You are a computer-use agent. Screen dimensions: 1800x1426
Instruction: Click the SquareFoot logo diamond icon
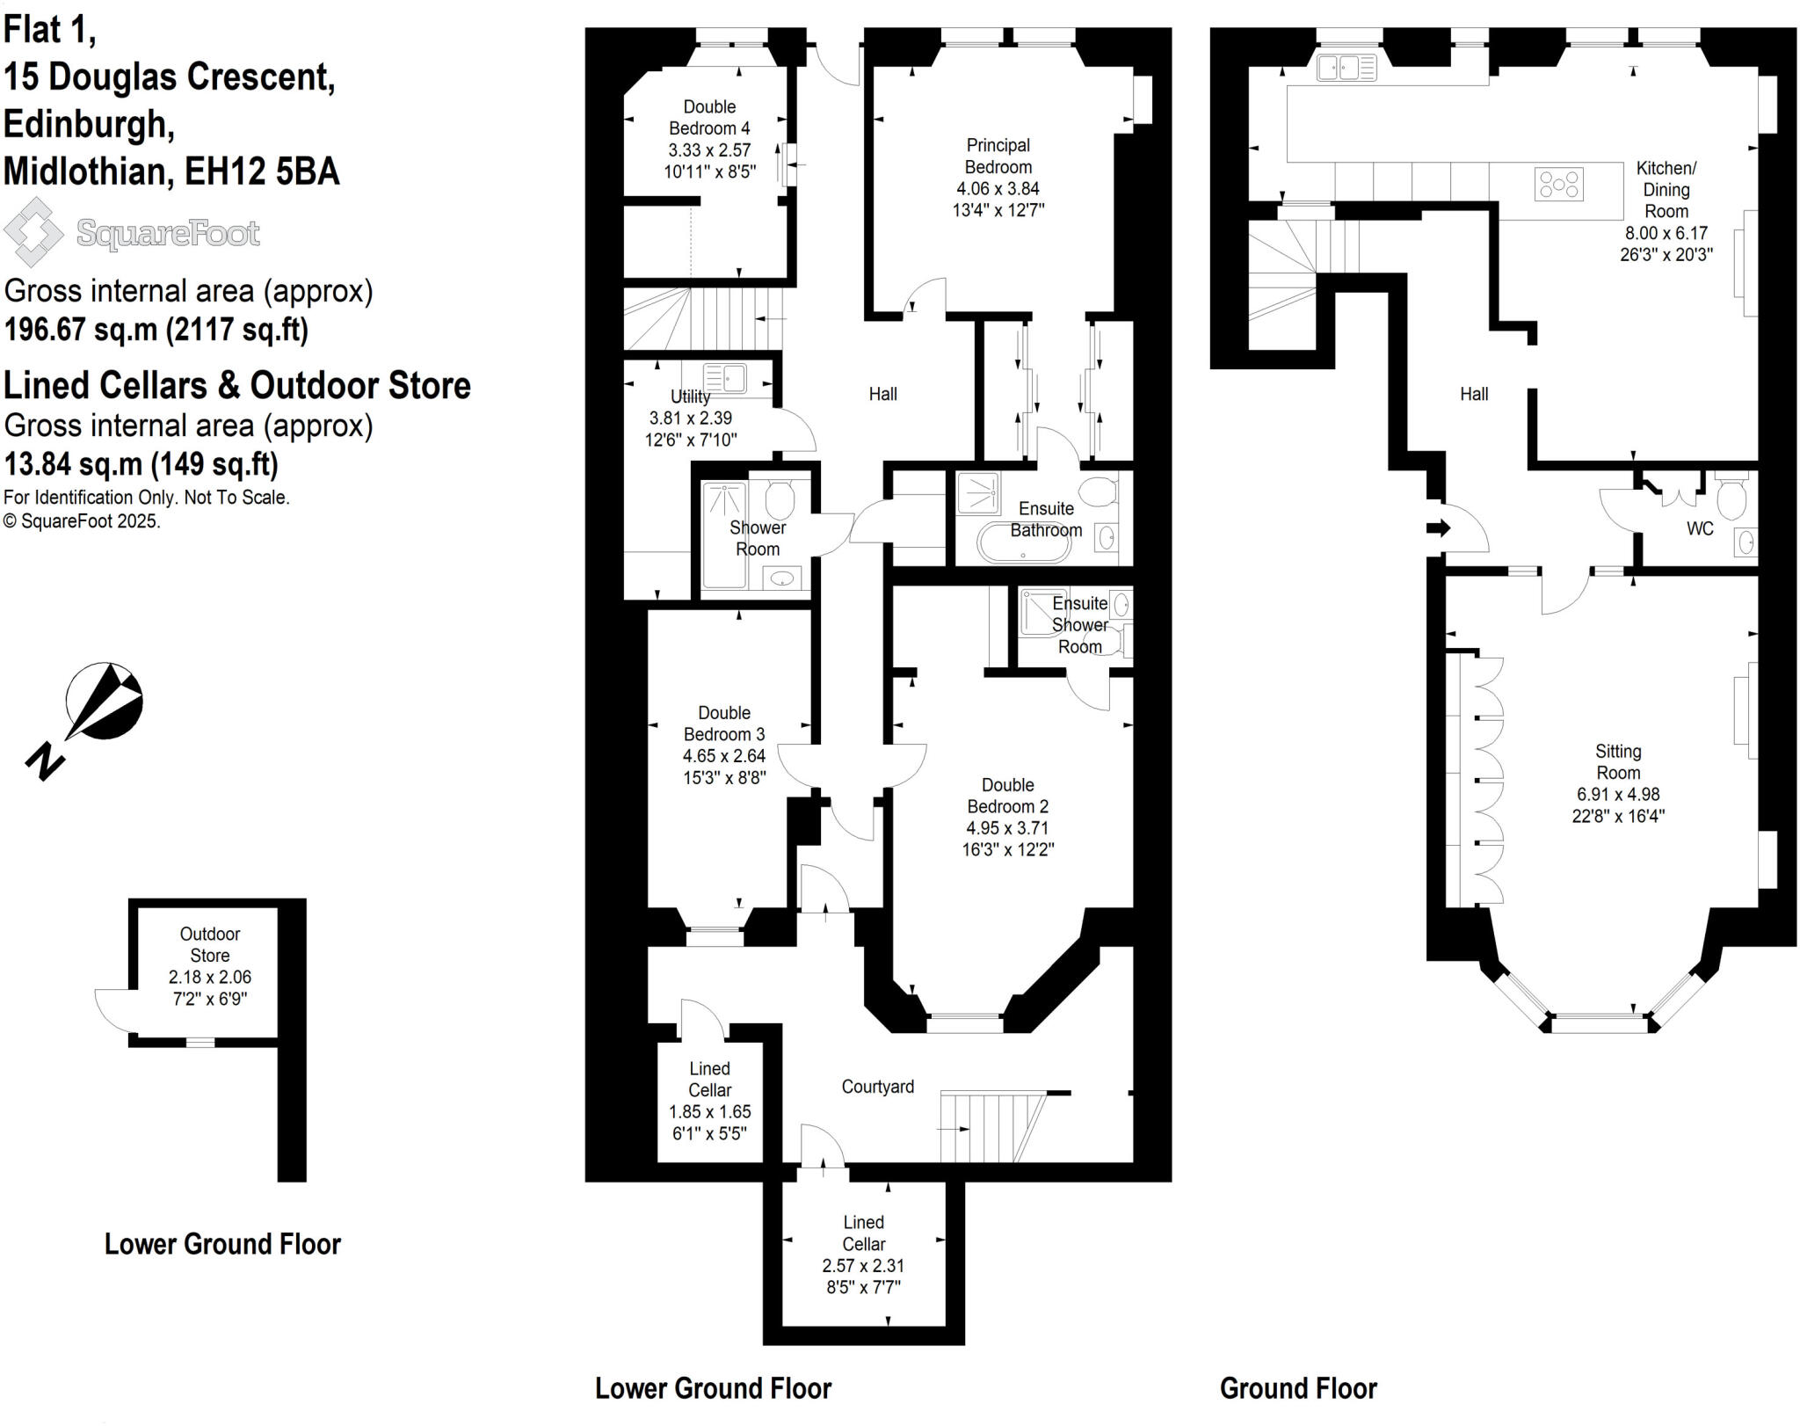coord(33,232)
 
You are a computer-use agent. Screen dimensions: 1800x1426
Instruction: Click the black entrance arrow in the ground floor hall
coord(1438,528)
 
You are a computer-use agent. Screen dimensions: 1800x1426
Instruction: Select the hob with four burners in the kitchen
coord(1558,185)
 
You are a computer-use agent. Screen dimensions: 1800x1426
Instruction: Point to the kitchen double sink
coord(1346,68)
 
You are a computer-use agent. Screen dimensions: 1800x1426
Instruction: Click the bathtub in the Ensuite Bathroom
coord(1025,542)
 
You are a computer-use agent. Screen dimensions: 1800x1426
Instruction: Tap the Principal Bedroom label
coord(998,156)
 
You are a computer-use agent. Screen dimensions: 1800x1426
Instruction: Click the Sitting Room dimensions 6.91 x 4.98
coord(1618,794)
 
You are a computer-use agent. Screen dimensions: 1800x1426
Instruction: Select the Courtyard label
coord(877,1087)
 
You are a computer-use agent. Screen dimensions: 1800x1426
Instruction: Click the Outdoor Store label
coord(210,944)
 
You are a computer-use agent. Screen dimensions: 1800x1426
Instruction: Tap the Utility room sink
coord(724,378)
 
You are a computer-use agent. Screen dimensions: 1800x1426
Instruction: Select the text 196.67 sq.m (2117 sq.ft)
coord(156,330)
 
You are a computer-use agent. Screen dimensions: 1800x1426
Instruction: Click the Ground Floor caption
coord(1298,1388)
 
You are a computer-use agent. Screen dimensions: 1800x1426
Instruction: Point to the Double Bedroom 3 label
coord(724,724)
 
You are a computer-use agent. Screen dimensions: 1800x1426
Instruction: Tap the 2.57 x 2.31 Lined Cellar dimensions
coord(863,1265)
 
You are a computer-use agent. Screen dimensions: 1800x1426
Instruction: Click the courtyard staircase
coord(989,1127)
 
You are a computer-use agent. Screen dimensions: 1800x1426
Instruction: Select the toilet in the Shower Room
coord(780,500)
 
